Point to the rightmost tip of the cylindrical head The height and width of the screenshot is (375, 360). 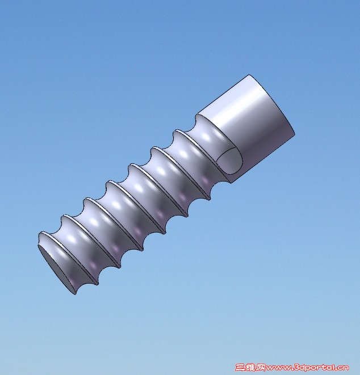[x=294, y=132]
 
